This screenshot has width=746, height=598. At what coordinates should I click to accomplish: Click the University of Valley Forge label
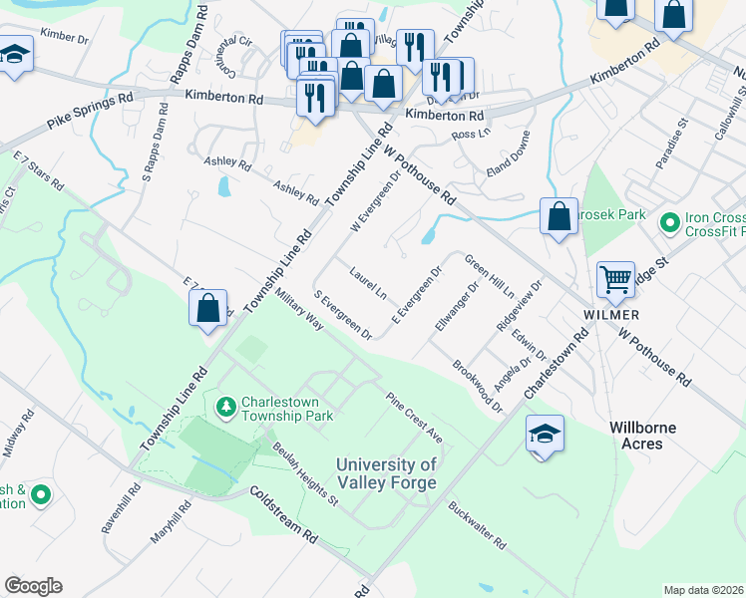point(386,473)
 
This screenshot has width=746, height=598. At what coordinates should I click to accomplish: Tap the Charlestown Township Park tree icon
point(226,406)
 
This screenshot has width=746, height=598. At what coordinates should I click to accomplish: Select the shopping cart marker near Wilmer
point(615,280)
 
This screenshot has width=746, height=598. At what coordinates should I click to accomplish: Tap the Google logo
point(33,586)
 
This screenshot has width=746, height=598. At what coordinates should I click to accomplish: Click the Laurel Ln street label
point(368,281)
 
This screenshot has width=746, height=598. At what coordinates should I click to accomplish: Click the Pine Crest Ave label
point(414,418)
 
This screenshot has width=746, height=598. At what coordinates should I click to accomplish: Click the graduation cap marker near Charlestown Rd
point(543,435)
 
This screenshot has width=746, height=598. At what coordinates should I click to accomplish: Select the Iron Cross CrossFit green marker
point(669,220)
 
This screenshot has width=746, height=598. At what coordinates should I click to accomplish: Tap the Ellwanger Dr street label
point(458,304)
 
